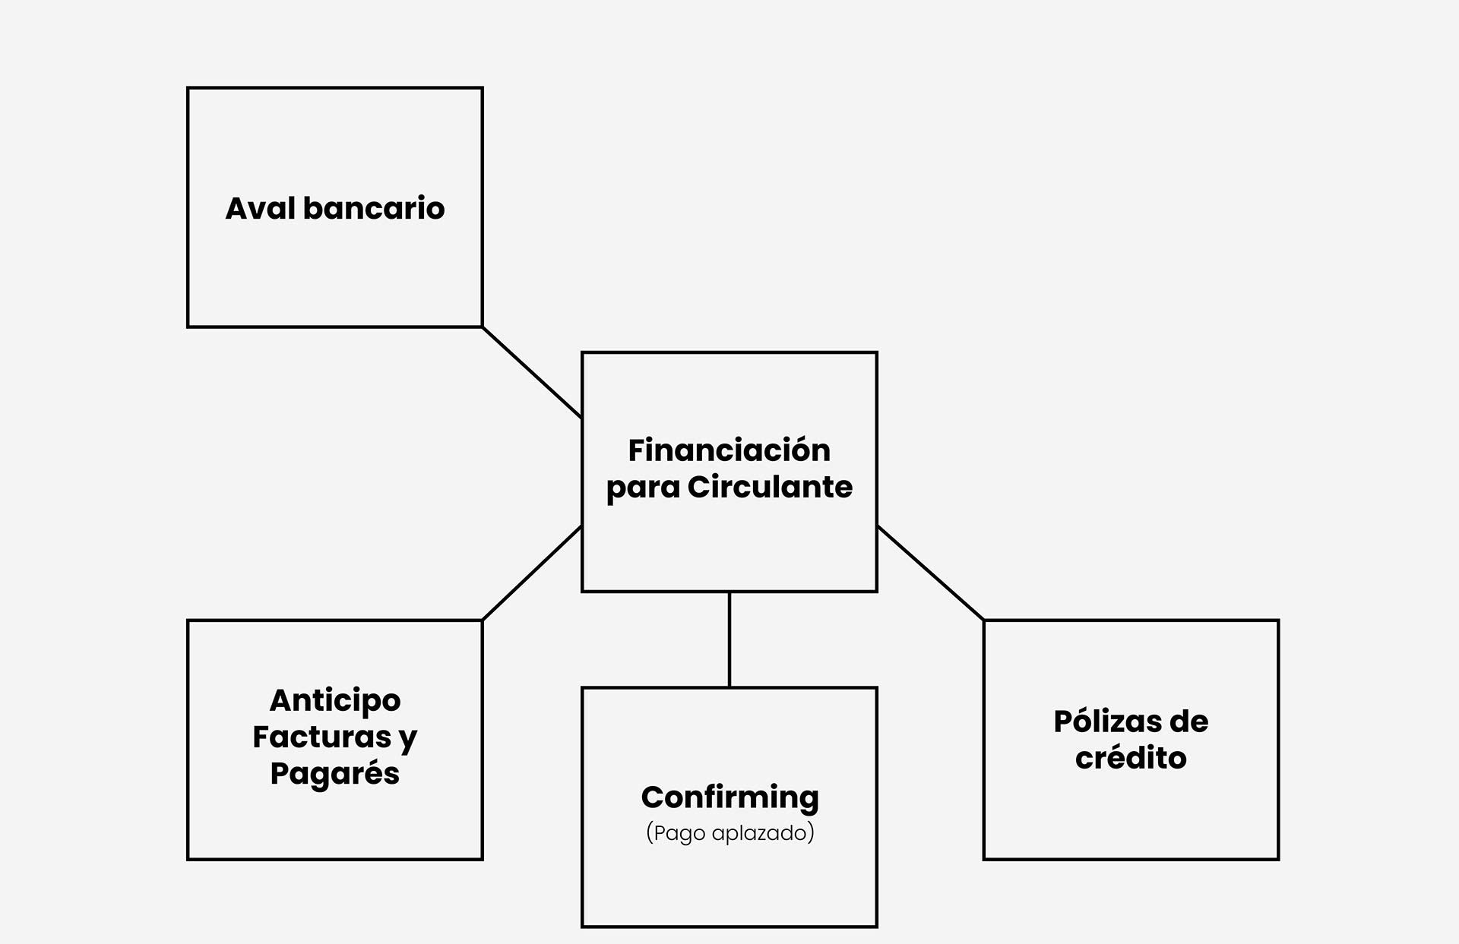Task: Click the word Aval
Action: click(260, 209)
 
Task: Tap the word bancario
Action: click(373, 209)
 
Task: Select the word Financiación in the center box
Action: click(729, 450)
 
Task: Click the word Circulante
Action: click(770, 487)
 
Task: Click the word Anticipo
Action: click(335, 701)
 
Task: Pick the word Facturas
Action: click(321, 737)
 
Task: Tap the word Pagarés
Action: click(335, 774)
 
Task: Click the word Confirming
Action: click(729, 797)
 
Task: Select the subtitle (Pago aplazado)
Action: click(729, 833)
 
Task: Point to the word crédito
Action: click(1131, 758)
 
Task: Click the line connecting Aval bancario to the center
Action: click(532, 372)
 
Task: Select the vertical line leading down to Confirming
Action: click(729, 639)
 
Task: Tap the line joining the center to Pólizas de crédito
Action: click(930, 573)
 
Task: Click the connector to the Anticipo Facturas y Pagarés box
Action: click(532, 573)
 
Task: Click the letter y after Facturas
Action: click(408, 738)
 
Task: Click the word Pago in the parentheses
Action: click(679, 833)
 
